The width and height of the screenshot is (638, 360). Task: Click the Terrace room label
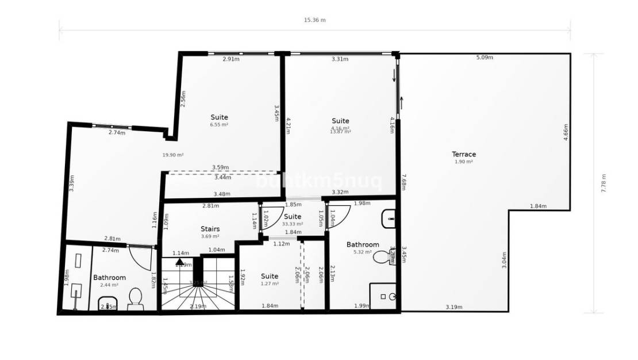tap(464, 154)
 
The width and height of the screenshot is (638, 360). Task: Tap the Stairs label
tap(210, 229)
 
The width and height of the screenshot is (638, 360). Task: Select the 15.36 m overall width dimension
tap(314, 20)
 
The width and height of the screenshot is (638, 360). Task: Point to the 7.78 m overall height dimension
tap(604, 183)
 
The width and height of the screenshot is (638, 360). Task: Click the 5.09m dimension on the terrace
tap(484, 58)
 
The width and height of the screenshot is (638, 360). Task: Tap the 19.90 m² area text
tap(172, 155)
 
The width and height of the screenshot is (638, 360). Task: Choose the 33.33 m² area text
tap(293, 224)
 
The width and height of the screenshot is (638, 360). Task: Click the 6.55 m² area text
tap(219, 124)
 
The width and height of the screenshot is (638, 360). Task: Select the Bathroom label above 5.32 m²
tap(363, 244)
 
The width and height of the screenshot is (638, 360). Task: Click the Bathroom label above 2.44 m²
tap(109, 278)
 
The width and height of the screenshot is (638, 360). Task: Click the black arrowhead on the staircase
tap(180, 262)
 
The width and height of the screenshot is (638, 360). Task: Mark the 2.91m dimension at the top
tap(232, 59)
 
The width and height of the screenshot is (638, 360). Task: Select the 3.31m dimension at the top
tap(340, 59)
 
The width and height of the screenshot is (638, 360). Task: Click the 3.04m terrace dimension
tap(504, 265)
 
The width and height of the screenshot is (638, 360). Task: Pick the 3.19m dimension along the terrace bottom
tap(453, 307)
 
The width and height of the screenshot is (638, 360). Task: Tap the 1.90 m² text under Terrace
tap(463, 162)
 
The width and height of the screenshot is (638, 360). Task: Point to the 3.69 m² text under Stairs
tap(210, 236)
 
